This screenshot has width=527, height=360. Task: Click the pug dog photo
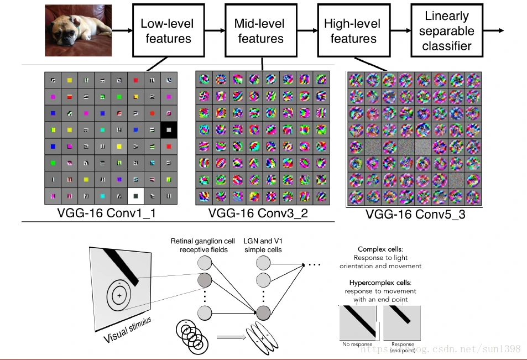point(78,30)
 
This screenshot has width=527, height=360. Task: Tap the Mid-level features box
point(260,31)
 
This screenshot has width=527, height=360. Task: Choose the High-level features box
point(353,31)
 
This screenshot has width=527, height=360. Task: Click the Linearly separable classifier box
point(447,31)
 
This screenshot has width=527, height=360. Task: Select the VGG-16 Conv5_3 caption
point(413,214)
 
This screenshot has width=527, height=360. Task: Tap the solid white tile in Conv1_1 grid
point(135,195)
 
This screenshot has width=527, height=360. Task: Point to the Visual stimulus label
point(127,329)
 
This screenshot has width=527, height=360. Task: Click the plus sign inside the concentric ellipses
point(119,296)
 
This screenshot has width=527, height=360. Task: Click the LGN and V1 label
point(263,242)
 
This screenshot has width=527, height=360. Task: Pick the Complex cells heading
point(387,249)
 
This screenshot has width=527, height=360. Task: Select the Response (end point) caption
point(403,347)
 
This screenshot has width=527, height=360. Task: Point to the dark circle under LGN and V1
point(263,314)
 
